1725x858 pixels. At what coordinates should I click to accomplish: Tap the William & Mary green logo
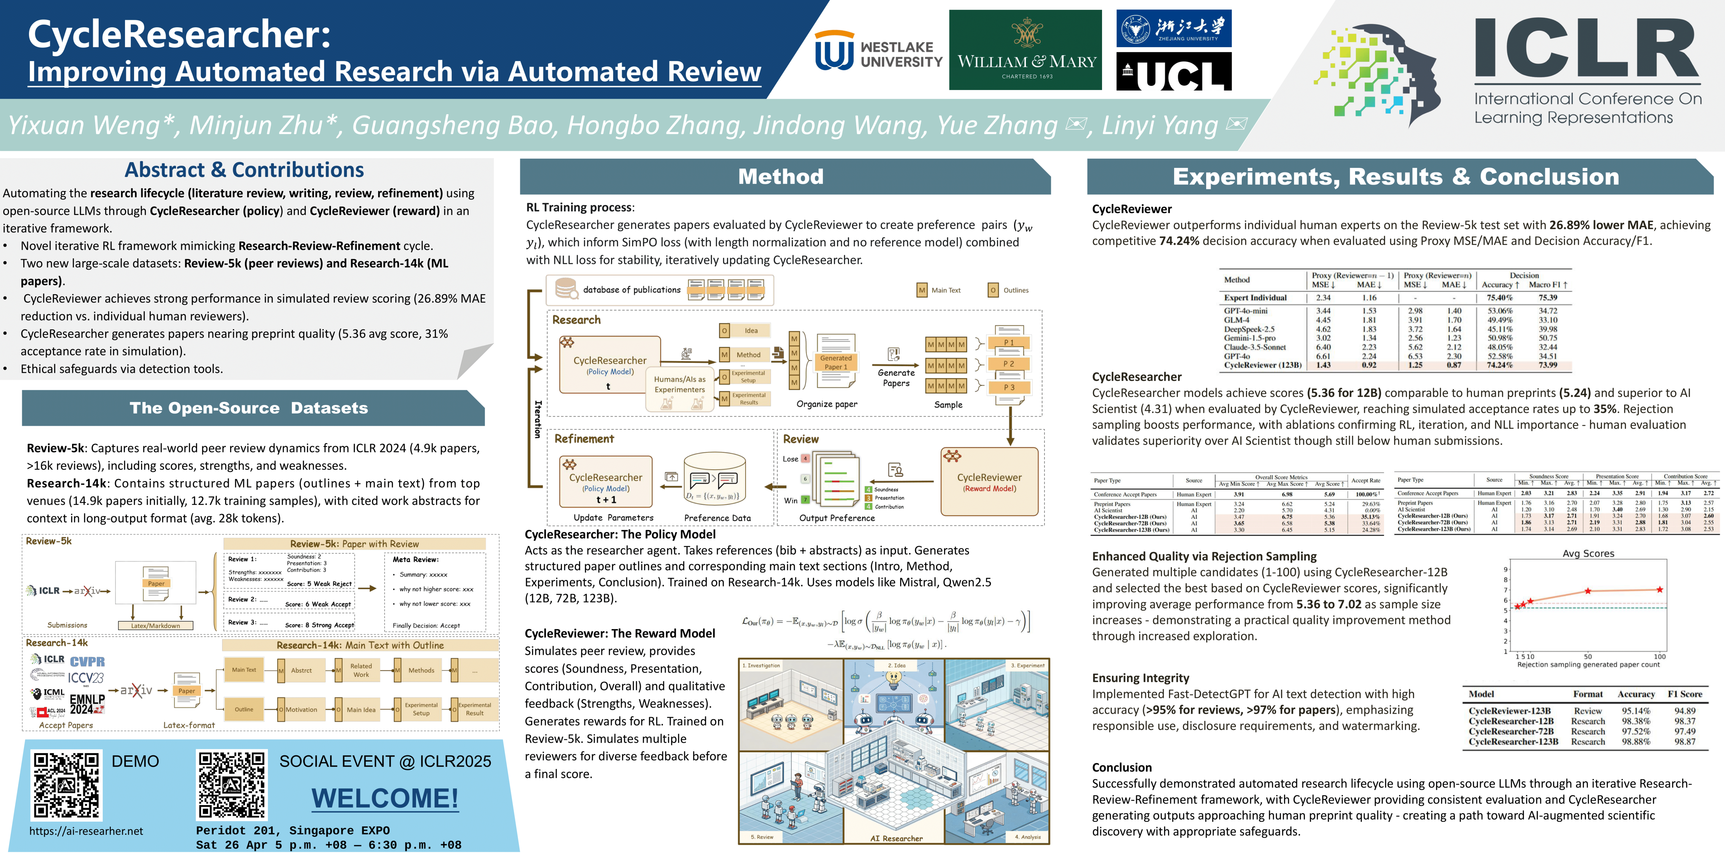pos(1025,50)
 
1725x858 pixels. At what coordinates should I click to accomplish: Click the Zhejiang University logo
pos(1173,28)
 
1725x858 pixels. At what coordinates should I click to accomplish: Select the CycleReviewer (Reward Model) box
pos(989,482)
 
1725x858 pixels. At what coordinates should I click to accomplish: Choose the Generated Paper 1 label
pos(836,362)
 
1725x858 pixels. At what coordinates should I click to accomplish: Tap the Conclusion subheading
pos(1122,767)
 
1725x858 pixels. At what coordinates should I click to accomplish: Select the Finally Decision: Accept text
pos(426,625)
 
